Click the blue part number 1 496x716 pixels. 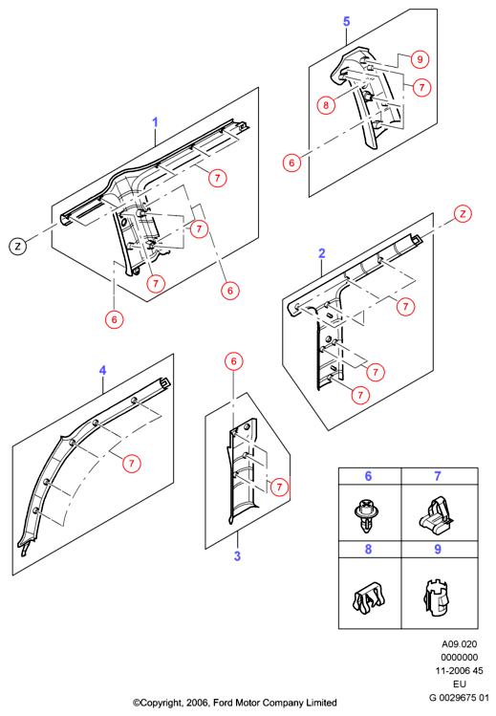pyautogui.click(x=155, y=122)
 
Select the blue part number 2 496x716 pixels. pyautogui.click(x=322, y=253)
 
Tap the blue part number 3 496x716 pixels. pyautogui.click(x=237, y=556)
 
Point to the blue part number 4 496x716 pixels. pyautogui.click(x=102, y=370)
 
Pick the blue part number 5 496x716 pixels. pyautogui.click(x=346, y=21)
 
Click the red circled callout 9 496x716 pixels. pyautogui.click(x=420, y=59)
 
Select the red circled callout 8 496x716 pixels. pyautogui.click(x=326, y=105)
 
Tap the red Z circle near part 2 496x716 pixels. pyautogui.click(x=463, y=214)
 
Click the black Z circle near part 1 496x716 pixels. pyautogui.click(x=18, y=247)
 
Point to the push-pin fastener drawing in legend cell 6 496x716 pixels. pyautogui.click(x=367, y=515)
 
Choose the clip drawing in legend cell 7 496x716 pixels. pyautogui.click(x=436, y=516)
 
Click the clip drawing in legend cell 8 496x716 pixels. pyautogui.click(x=367, y=598)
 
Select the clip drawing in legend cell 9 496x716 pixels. pyautogui.click(x=435, y=597)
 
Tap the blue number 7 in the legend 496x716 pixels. pyautogui.click(x=438, y=476)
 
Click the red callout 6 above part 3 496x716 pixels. pyautogui.click(x=234, y=361)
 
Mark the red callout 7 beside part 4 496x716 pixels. pyautogui.click(x=132, y=464)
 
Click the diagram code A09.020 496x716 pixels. pyautogui.click(x=459, y=644)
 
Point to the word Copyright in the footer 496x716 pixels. pyautogui.click(x=159, y=703)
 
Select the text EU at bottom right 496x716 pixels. pyautogui.click(x=459, y=684)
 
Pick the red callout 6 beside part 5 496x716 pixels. pyautogui.click(x=292, y=163)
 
